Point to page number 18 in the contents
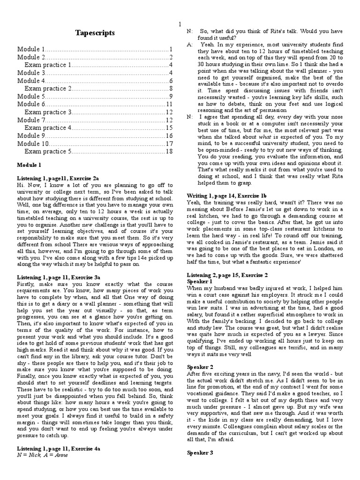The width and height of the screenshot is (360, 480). pyautogui.click(x=169, y=151)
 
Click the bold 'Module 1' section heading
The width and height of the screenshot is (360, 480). pyautogui.click(x=30, y=165)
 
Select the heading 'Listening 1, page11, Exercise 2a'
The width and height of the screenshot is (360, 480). pyautogui.click(x=58, y=179)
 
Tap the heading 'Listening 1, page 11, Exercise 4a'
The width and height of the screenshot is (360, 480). pyautogui.click(x=58, y=449)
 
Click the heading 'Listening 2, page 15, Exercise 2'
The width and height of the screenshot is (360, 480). pyautogui.click(x=227, y=274)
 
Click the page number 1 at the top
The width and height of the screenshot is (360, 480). pyautogui.click(x=180, y=24)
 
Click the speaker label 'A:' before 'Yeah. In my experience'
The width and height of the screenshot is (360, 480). pyautogui.click(x=189, y=44)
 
